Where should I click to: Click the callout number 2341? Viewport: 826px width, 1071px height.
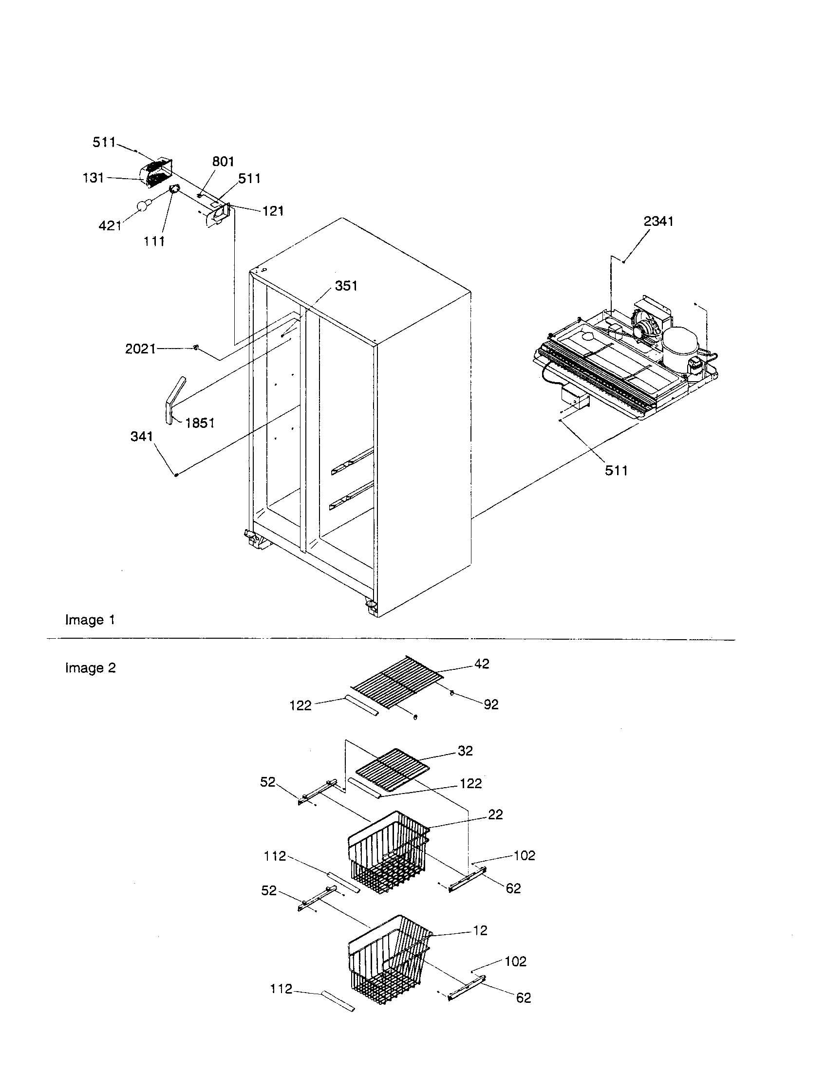(x=658, y=222)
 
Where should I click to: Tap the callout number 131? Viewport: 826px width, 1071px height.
(x=93, y=178)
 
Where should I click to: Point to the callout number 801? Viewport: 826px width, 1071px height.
(x=223, y=162)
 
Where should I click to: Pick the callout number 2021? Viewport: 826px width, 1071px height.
(x=140, y=349)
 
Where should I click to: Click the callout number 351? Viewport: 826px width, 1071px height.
(x=346, y=286)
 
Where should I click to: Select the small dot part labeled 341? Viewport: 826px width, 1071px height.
(x=175, y=474)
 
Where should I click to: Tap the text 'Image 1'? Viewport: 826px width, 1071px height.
(x=90, y=620)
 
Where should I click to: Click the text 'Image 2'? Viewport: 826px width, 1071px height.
(x=90, y=668)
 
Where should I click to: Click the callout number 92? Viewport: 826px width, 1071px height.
(x=491, y=705)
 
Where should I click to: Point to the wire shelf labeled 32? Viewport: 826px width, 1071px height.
(x=392, y=769)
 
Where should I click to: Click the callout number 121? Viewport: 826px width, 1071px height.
(x=273, y=211)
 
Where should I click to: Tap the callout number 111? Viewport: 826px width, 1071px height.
(x=154, y=241)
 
